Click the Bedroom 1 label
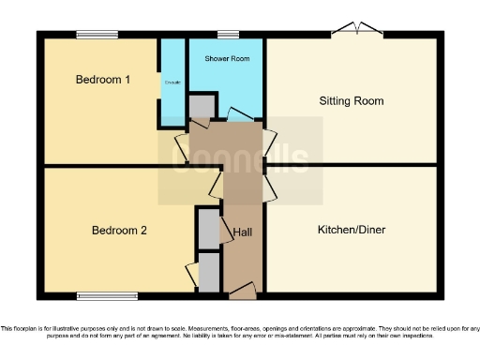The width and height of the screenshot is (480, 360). [103, 80]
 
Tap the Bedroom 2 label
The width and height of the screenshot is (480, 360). [119, 231]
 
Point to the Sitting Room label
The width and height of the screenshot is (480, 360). [352, 101]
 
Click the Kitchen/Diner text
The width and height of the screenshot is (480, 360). [352, 230]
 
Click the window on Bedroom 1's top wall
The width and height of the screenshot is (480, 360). [97, 36]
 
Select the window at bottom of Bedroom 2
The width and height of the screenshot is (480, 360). [108, 297]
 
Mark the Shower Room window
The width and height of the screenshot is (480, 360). [228, 36]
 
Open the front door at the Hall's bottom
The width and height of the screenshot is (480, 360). [242, 293]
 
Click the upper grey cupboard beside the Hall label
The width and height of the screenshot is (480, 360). [207, 228]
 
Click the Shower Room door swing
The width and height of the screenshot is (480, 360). [241, 116]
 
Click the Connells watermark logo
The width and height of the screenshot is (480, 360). [240, 160]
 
